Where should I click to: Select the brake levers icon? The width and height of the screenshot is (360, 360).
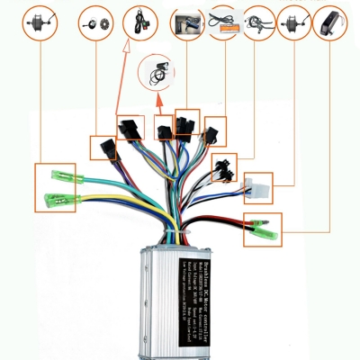coord(258,20)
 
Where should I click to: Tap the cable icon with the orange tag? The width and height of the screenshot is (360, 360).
coord(222,20)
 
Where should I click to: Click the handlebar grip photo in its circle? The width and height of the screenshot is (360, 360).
coord(188,20)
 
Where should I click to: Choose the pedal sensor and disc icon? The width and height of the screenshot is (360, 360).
coord(97,20)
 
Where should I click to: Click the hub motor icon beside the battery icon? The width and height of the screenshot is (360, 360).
coord(293,20)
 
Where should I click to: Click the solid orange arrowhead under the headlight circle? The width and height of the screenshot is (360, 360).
coord(159,99)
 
